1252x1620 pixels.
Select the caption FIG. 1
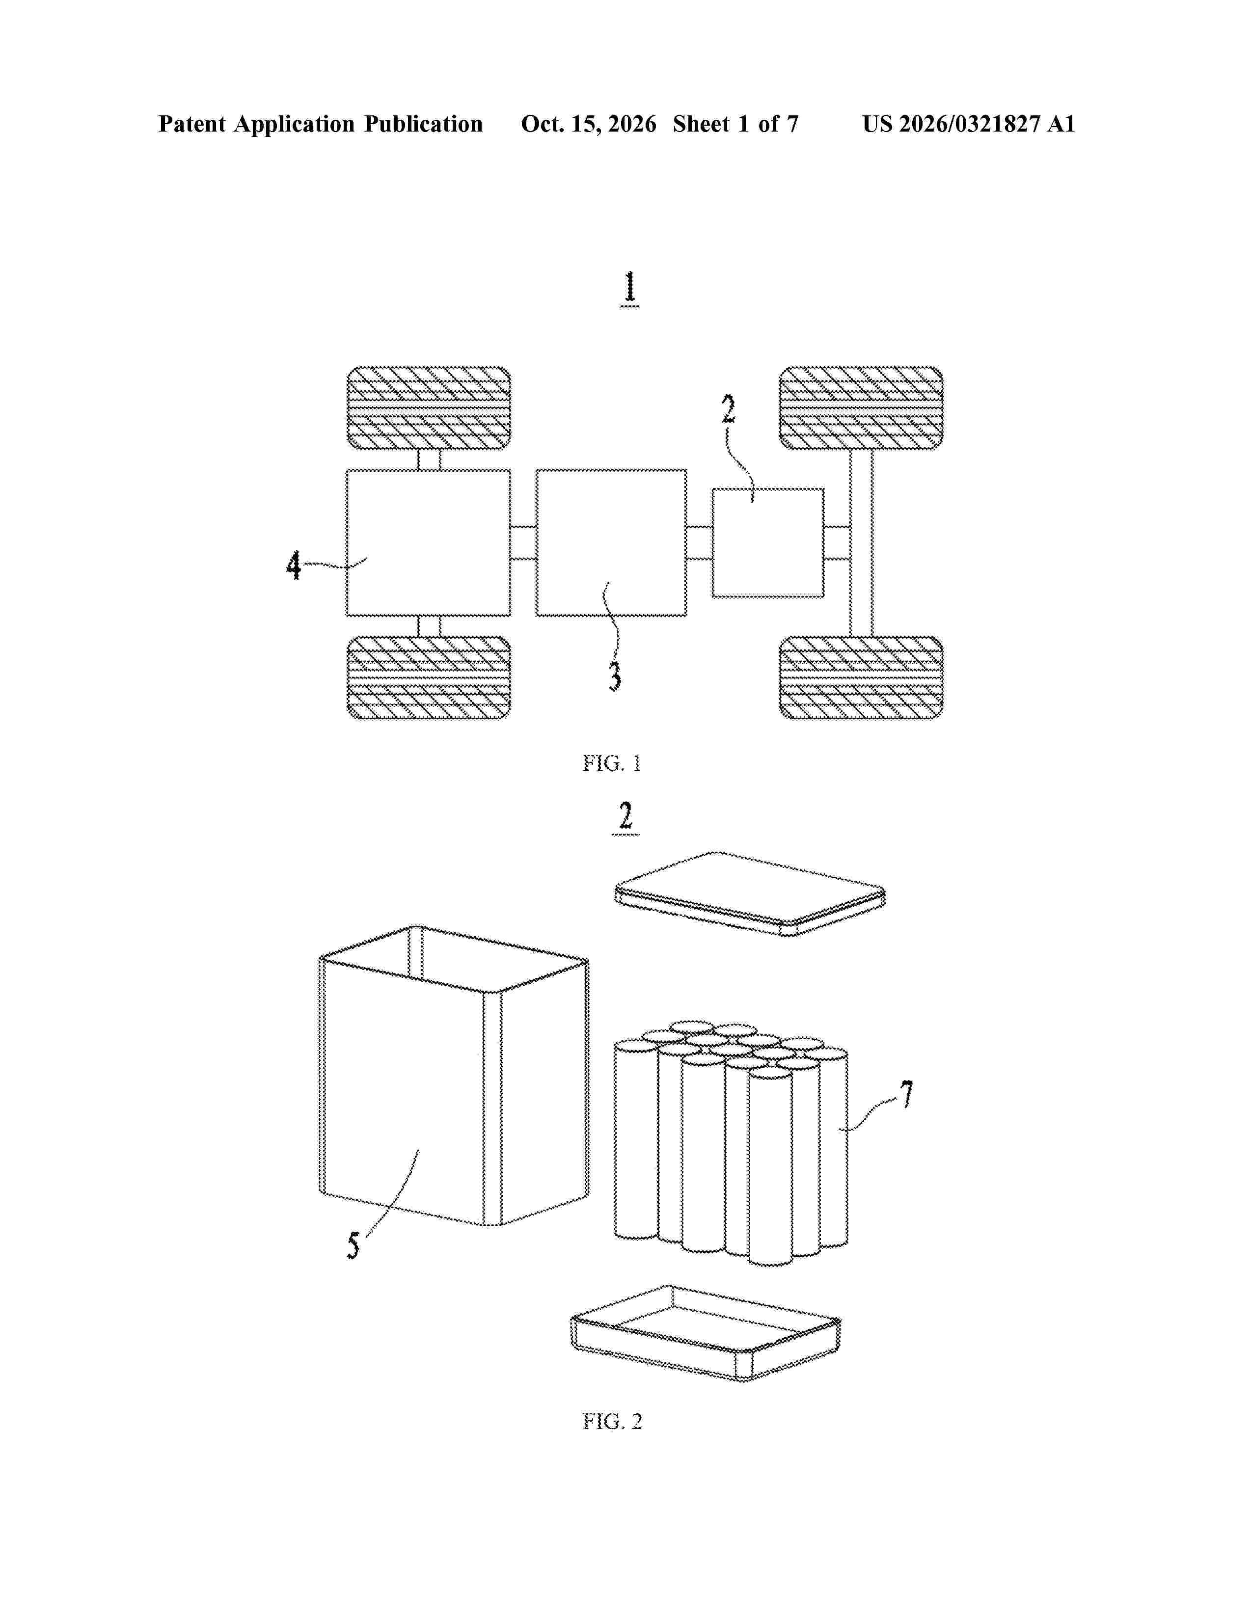(612, 763)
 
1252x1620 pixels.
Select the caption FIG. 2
(612, 1421)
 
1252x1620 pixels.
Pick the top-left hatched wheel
(429, 408)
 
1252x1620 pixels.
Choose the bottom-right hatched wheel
(861, 677)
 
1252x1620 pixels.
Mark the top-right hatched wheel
(861, 408)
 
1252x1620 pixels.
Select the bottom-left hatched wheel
(429, 677)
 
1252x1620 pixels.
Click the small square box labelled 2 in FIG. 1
(768, 543)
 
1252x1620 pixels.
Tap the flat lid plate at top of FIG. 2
(750, 894)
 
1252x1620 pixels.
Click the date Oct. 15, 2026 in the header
(588, 124)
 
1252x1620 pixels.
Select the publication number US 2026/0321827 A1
(969, 124)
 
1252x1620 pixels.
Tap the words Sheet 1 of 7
(736, 124)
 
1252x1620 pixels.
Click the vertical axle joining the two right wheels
(861, 543)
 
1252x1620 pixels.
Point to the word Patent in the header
(192, 124)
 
